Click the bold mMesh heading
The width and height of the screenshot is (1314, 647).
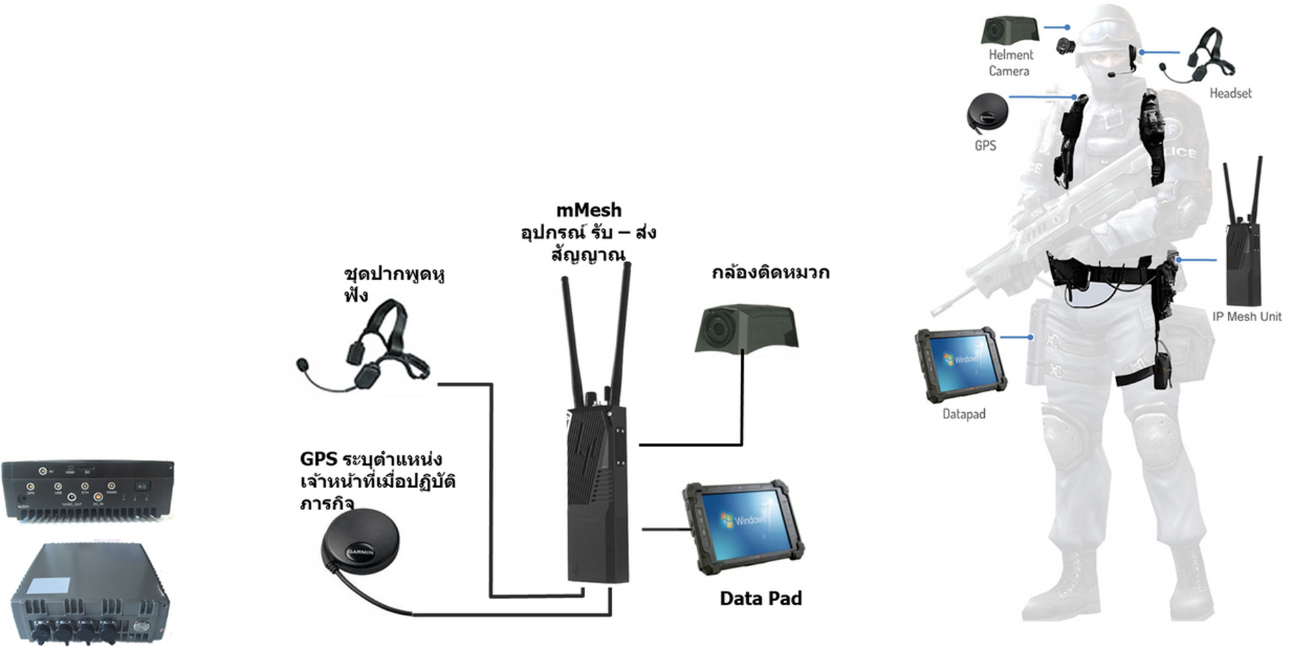(x=589, y=210)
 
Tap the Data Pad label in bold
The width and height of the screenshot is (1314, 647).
(x=760, y=598)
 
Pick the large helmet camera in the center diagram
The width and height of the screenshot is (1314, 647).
(x=746, y=329)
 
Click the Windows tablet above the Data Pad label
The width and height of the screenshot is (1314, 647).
(x=743, y=527)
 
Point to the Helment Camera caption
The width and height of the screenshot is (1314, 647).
(x=1010, y=63)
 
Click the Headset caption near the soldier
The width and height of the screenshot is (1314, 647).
(x=1230, y=93)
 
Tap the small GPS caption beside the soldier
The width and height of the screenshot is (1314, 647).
(x=985, y=146)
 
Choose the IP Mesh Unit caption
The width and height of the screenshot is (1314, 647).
(x=1246, y=316)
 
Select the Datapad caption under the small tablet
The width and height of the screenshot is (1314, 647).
(x=964, y=414)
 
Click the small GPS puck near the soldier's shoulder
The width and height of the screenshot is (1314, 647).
(x=987, y=113)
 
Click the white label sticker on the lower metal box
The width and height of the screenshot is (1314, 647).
(x=48, y=585)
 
